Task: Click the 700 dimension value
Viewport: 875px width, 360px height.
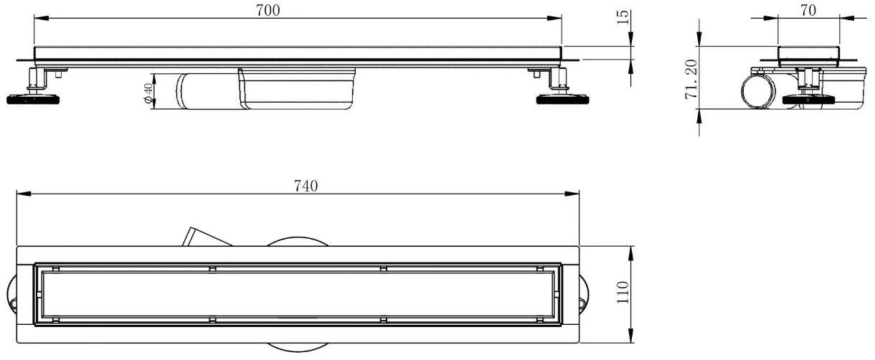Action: [268, 11]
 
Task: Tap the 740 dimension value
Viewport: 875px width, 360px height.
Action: [306, 186]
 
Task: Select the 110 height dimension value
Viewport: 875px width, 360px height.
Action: [623, 293]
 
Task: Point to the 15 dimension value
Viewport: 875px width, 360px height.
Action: [623, 18]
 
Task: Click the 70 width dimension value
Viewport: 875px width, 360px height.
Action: [808, 10]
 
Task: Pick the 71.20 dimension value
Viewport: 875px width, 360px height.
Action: [691, 80]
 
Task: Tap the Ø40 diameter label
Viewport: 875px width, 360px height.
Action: [148, 93]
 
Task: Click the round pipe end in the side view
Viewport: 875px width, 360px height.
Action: [757, 92]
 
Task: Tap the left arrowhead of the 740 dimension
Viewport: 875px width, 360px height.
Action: [24, 194]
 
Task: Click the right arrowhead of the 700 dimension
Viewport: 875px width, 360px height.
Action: [554, 18]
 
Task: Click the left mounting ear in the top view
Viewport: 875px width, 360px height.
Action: [11, 295]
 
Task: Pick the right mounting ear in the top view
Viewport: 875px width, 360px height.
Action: [585, 295]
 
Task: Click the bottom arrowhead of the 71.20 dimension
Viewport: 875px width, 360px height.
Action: [699, 116]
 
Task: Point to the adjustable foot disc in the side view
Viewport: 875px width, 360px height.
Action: [810, 100]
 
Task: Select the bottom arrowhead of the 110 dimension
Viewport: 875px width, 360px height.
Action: [630, 336]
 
